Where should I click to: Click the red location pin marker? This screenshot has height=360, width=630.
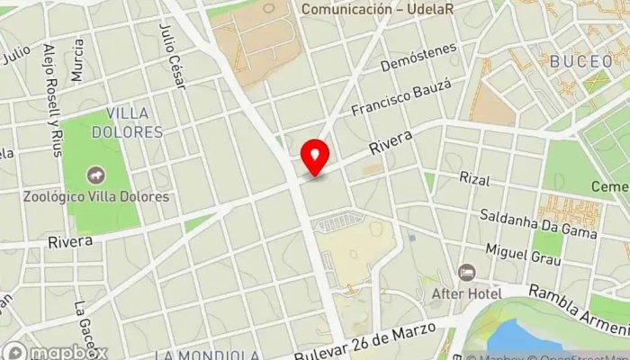click(x=315, y=157)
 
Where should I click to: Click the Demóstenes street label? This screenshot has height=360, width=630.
click(x=418, y=58)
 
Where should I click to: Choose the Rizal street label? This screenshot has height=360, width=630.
click(x=473, y=180)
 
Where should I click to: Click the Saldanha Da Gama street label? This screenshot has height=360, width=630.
click(x=538, y=225)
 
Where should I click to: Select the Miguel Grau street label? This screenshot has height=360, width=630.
click(x=522, y=254)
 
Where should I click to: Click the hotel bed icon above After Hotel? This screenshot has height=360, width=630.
click(x=466, y=272)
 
